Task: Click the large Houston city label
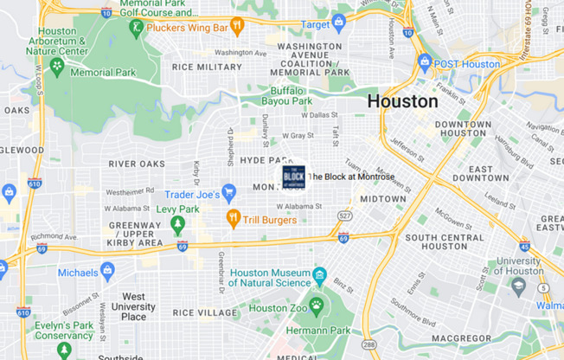(x=402, y=101)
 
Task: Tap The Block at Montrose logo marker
(x=294, y=177)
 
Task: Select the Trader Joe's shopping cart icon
(x=229, y=192)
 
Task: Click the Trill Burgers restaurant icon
(x=233, y=218)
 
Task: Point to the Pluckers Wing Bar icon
(x=236, y=26)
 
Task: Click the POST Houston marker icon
(x=425, y=63)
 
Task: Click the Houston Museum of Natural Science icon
(x=320, y=276)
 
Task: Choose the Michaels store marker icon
(x=108, y=272)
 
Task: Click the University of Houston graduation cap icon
(x=518, y=286)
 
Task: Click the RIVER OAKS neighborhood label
(x=136, y=164)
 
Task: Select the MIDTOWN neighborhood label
(x=382, y=199)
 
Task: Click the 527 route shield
(x=345, y=215)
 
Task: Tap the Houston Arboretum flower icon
(x=58, y=66)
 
